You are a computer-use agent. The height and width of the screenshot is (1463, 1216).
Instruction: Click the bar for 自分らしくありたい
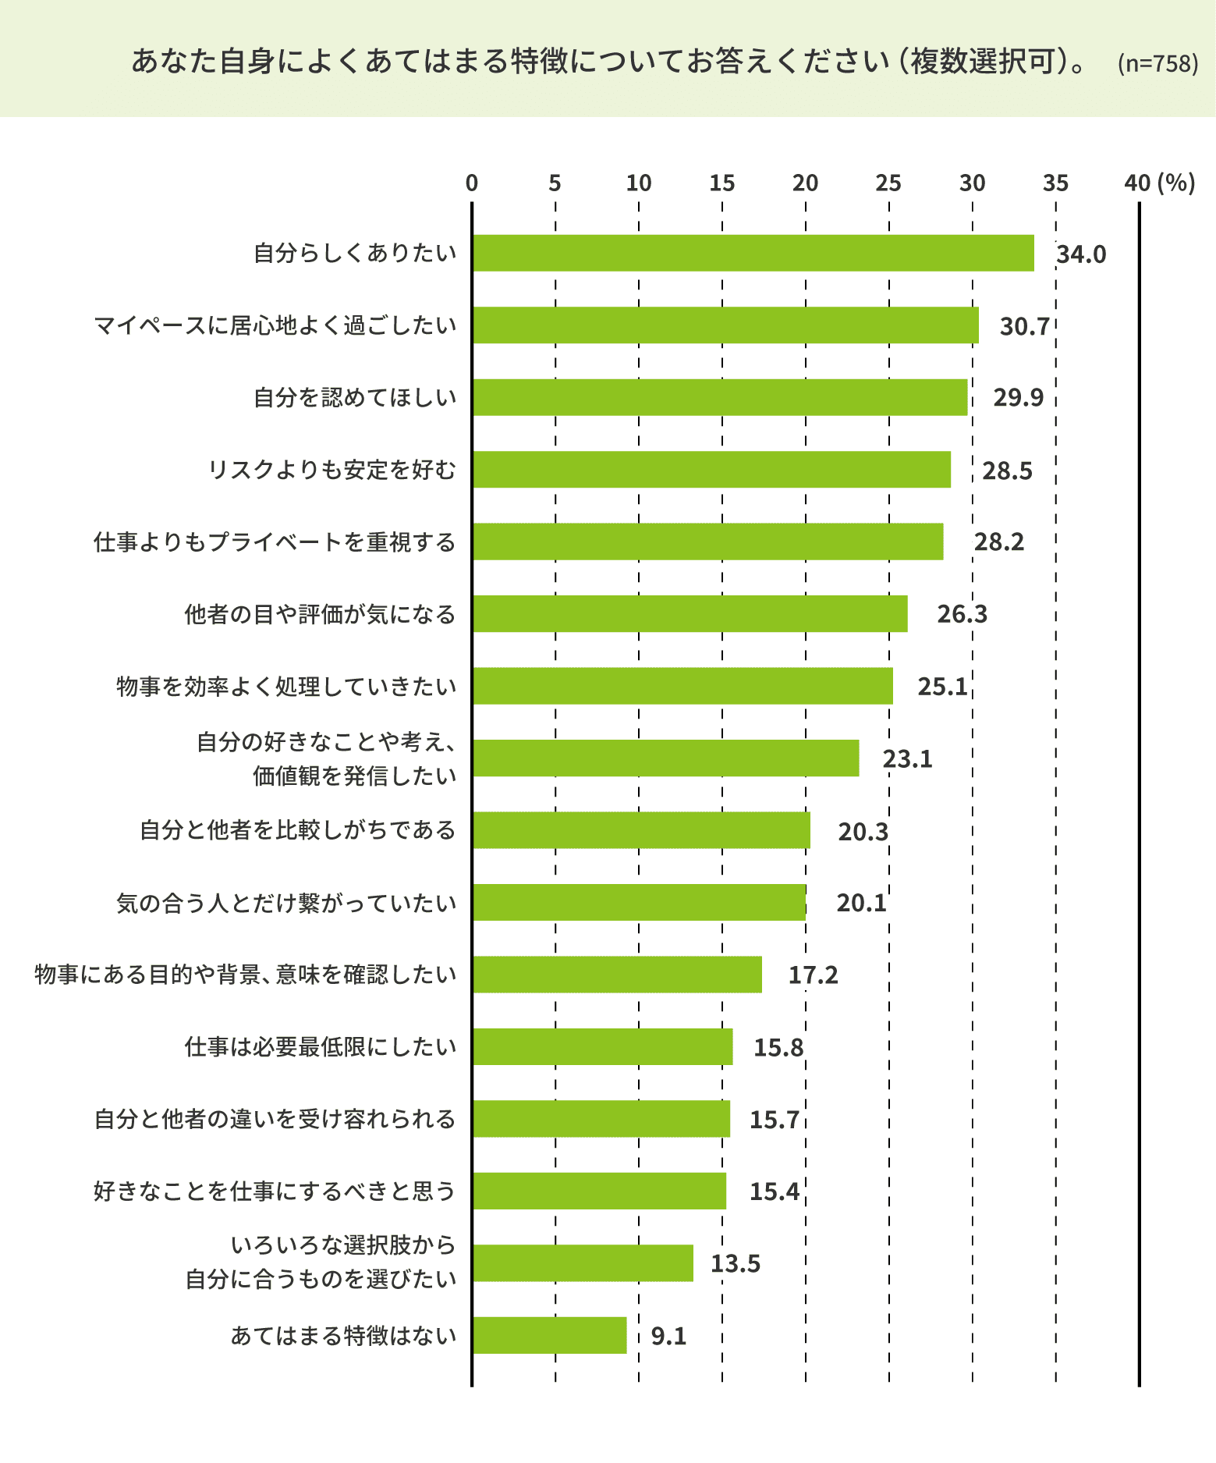point(753,253)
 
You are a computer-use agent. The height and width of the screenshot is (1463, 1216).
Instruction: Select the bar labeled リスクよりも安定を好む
point(711,469)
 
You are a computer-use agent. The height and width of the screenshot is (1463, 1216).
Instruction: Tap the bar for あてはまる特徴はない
point(549,1335)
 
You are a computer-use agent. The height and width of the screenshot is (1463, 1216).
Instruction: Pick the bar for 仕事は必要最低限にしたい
point(602,1046)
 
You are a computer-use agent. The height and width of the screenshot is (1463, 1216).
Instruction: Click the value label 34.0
point(1081,254)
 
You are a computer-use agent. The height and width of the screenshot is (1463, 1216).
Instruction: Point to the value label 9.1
point(668,1336)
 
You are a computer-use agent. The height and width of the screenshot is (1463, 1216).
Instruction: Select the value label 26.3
point(962,614)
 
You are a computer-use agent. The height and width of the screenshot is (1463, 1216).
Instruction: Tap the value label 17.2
point(813,975)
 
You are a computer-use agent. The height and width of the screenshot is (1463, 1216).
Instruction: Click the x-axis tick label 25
point(888,183)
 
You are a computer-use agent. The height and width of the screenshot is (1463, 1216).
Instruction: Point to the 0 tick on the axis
point(472,183)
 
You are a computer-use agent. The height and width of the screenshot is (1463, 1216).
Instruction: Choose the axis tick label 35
point(1055,183)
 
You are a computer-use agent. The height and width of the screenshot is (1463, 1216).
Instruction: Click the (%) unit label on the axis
point(1176,183)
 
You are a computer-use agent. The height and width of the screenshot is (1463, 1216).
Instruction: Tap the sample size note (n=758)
point(1158,63)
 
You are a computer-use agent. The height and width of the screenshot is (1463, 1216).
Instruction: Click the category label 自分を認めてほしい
point(355,397)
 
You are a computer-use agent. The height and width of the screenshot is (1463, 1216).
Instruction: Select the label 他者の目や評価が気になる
point(320,614)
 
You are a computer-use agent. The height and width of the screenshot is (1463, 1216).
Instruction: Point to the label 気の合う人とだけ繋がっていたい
point(286,903)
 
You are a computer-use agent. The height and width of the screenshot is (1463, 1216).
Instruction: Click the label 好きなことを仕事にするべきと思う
point(275,1191)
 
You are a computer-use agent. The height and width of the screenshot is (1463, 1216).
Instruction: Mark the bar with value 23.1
point(665,758)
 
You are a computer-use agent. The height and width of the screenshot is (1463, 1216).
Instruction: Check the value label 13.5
point(735,1263)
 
